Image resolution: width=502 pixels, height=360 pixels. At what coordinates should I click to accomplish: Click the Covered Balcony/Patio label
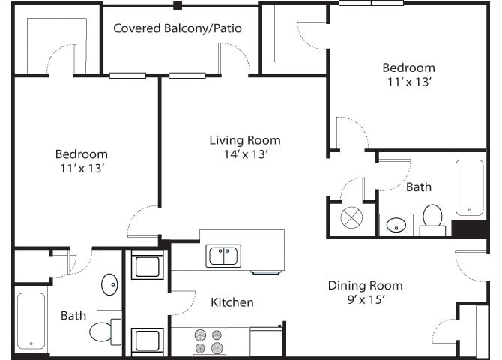click(x=178, y=28)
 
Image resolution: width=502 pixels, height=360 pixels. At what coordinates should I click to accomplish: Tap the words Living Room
click(x=244, y=140)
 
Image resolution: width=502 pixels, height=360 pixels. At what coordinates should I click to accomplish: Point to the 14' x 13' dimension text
click(x=244, y=154)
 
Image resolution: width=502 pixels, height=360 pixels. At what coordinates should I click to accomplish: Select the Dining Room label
click(x=365, y=286)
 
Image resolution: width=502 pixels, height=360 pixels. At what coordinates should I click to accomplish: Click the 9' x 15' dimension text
click(x=365, y=300)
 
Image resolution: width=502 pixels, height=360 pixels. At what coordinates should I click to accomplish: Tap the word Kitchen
click(x=232, y=302)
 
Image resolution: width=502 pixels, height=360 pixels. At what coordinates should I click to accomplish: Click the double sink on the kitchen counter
click(x=223, y=256)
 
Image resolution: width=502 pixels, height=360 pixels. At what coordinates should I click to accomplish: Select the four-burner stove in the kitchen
click(x=210, y=342)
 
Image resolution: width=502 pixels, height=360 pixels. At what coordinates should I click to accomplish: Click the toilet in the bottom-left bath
click(x=105, y=331)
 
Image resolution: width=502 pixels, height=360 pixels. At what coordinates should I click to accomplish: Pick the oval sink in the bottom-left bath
click(x=109, y=284)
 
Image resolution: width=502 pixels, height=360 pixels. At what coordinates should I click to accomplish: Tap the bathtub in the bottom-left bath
click(x=31, y=321)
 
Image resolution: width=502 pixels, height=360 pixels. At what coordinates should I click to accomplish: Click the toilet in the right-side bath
click(x=432, y=218)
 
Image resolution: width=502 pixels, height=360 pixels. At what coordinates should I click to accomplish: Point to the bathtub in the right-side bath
click(x=470, y=187)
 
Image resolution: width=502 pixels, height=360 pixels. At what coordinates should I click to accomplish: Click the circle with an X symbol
click(x=351, y=218)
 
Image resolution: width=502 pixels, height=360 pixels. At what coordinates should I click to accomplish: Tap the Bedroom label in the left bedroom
click(x=81, y=154)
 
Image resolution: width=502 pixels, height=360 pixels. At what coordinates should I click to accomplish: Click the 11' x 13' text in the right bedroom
click(x=408, y=82)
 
